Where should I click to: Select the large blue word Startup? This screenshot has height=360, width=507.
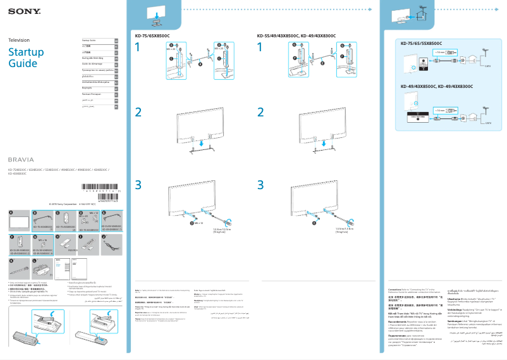point(23,52)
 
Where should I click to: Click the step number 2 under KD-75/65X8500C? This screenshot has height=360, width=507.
point(138,112)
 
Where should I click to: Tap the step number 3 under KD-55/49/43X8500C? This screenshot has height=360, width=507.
point(260,185)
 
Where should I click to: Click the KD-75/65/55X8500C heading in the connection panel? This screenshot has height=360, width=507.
point(421,43)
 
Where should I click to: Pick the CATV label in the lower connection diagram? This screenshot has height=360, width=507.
point(487,122)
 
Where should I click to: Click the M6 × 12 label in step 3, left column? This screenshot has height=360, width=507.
point(198,223)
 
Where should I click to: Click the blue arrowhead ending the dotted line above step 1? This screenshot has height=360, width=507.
point(375,11)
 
